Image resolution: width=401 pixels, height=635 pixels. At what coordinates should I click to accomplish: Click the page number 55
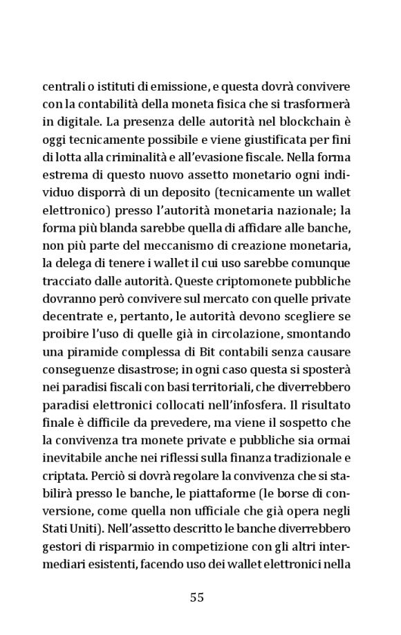click(x=196, y=598)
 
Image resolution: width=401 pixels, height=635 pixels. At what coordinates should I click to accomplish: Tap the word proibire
click(x=66, y=339)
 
